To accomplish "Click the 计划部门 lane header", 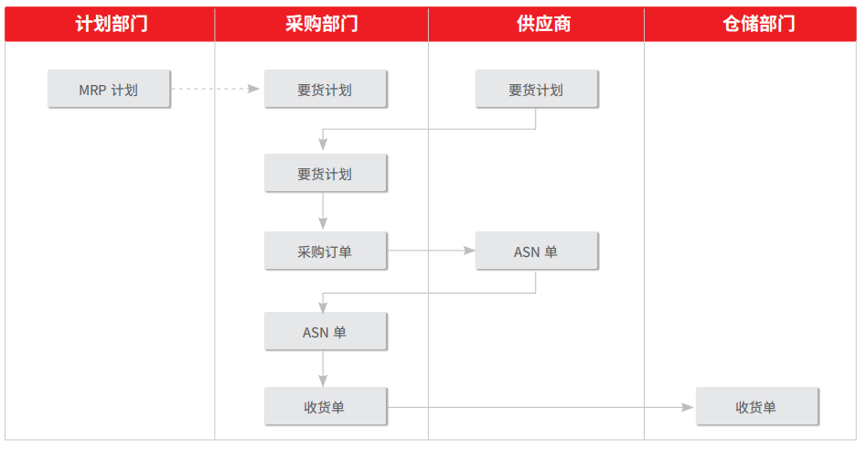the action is coord(111,24).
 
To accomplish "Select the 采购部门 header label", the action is coord(322,24).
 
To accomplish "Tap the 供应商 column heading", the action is coord(543,24).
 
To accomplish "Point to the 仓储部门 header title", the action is coord(759,24).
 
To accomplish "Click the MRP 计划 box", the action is coord(109,89).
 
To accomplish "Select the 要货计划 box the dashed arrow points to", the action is coord(326,89).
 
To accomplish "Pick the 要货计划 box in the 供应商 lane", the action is coord(536,89).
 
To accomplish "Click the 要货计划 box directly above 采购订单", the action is coord(326,173).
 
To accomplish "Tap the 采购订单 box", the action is coord(326,251).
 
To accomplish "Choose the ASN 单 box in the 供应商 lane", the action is coord(536,251).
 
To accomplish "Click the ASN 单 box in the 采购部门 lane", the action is coord(326,331).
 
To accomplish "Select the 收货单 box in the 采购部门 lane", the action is coord(326,406).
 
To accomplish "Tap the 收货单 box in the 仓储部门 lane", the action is coord(756,406).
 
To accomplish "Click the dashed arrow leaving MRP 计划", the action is coord(216,89).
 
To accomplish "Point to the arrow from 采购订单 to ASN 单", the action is coord(432,251).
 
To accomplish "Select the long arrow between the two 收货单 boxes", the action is coord(540,408).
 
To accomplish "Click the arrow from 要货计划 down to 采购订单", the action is coord(323,211).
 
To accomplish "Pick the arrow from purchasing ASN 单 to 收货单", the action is coord(323,369).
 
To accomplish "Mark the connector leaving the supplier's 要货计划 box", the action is coord(429,129).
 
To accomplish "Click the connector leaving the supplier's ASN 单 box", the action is coord(429,293).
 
